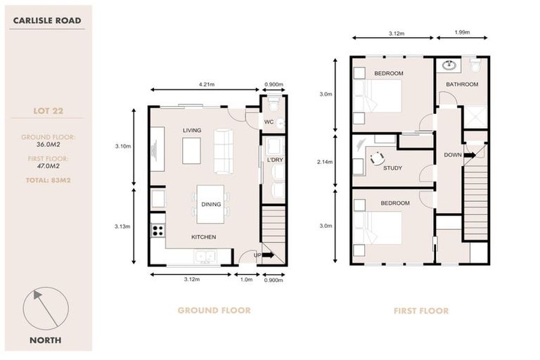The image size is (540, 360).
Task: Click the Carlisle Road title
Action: click(46, 21)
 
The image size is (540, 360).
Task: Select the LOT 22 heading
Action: click(46, 110)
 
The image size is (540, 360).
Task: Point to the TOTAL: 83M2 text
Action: click(46, 181)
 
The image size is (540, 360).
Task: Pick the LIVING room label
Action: click(192, 131)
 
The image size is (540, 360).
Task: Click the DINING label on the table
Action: click(211, 205)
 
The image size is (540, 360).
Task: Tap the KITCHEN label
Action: click(203, 237)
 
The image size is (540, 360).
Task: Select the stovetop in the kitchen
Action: click(158, 230)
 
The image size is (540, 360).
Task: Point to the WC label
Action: click(268, 122)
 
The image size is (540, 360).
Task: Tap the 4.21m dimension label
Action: click(206, 84)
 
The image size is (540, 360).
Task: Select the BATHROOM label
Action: click(461, 84)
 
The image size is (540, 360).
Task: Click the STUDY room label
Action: click(392, 168)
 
